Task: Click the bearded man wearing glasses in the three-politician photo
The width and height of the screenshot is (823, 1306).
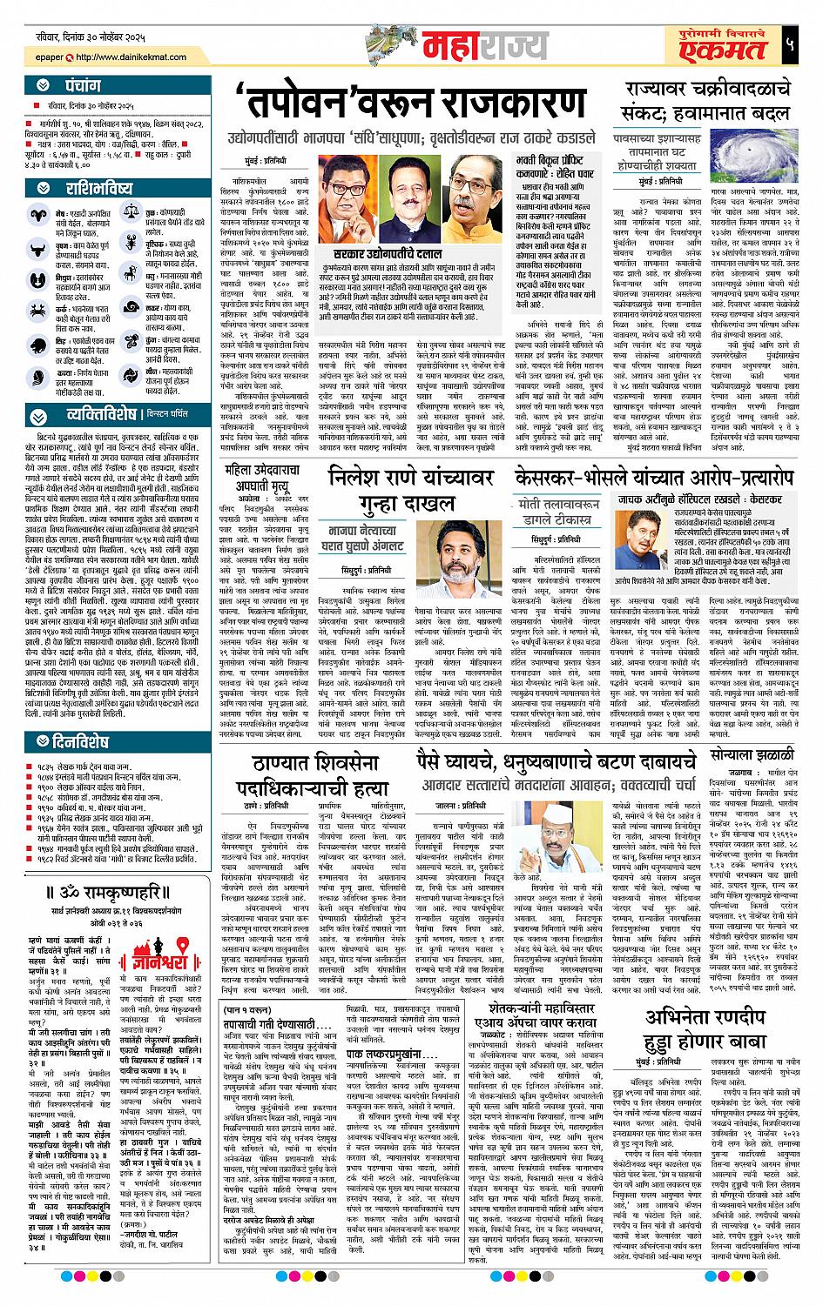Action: point(474,186)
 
